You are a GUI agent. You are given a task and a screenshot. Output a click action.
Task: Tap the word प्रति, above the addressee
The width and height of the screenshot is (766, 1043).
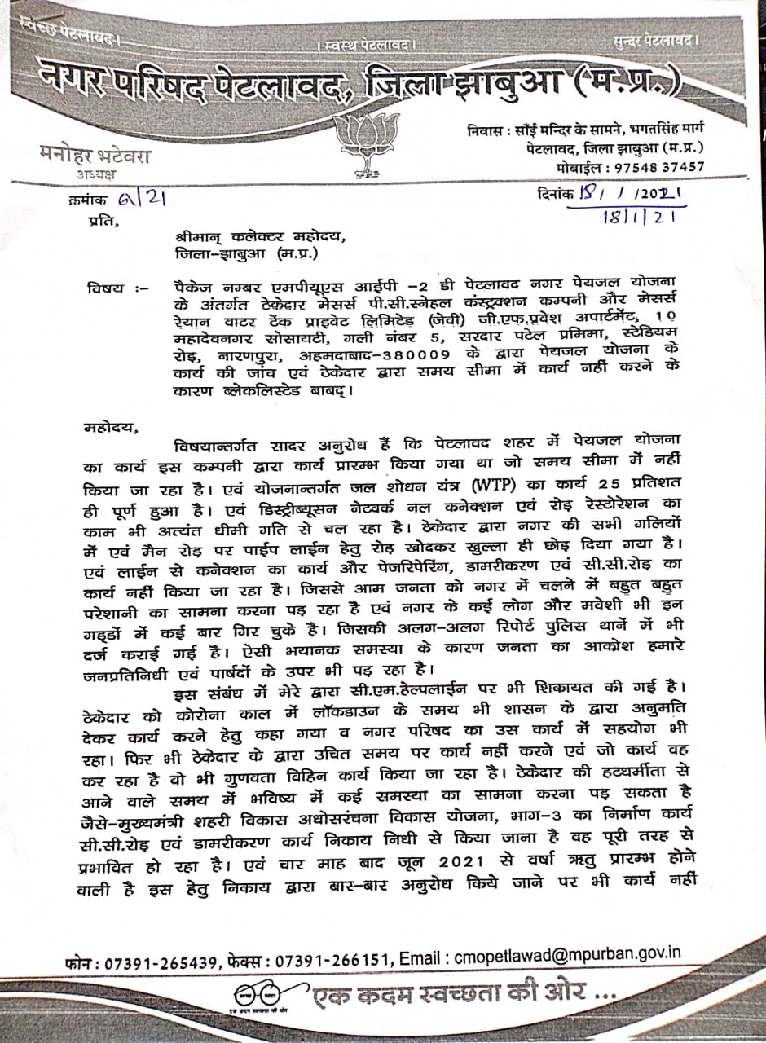point(96,220)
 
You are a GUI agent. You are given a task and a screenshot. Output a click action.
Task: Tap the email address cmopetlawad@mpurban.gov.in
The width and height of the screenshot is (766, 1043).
point(566,953)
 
